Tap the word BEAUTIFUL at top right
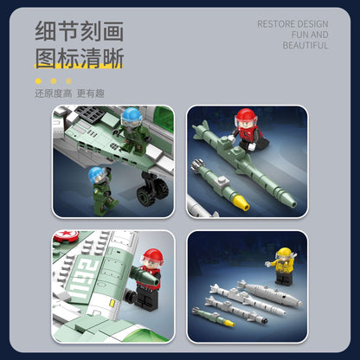click(x=305, y=46)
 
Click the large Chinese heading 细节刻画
click(x=79, y=31)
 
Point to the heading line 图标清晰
click(x=79, y=58)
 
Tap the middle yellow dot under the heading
click(x=54, y=80)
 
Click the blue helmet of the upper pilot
click(x=131, y=115)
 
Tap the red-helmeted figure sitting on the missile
click(x=247, y=130)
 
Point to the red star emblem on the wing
click(x=61, y=235)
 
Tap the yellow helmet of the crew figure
click(x=284, y=254)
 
